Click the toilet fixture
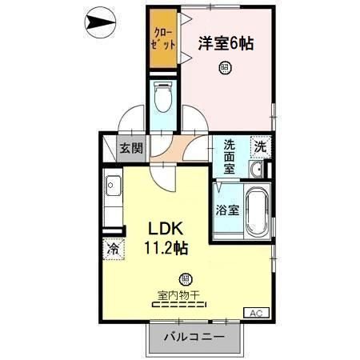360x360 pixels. point(162,99)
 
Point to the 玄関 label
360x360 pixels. point(131,147)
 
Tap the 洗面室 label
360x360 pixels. point(229,155)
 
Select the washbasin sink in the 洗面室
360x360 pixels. point(257,170)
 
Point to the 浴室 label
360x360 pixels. point(226,210)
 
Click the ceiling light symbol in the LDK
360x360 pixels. point(186,279)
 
